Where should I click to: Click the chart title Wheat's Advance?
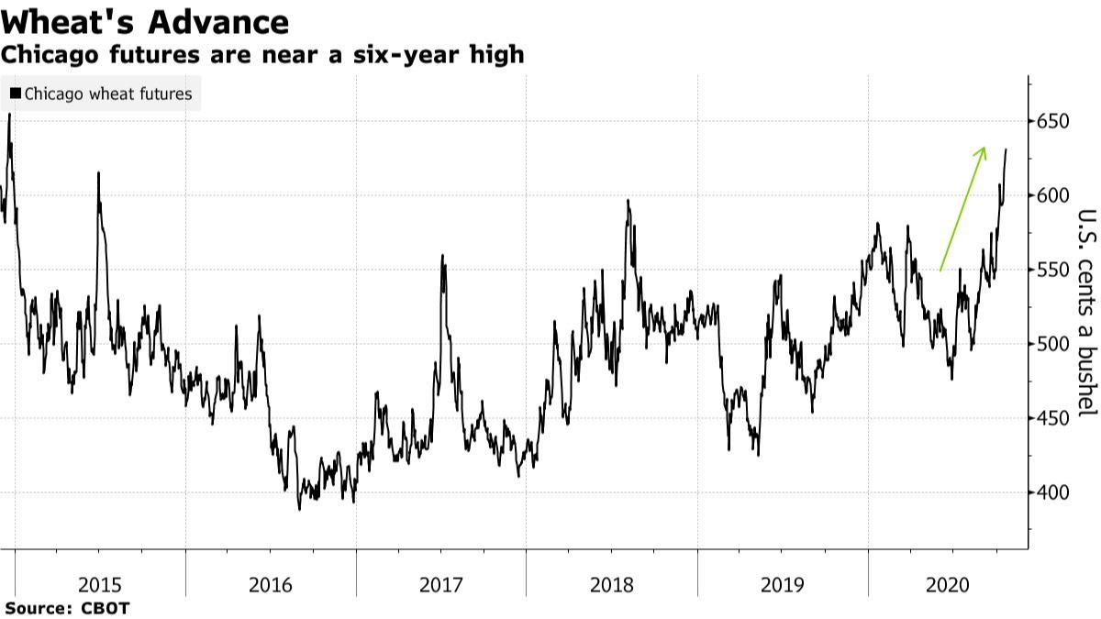point(145,21)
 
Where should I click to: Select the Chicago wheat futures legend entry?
point(108,94)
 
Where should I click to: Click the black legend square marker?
point(16,94)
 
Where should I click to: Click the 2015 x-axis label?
point(100,584)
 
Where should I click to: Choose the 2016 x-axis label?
point(271,584)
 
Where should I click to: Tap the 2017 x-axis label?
point(441,584)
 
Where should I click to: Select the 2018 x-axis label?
point(612,584)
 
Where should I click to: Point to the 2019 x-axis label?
point(783,584)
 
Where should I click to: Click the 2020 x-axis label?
point(951,584)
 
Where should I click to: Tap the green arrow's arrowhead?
point(983,150)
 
